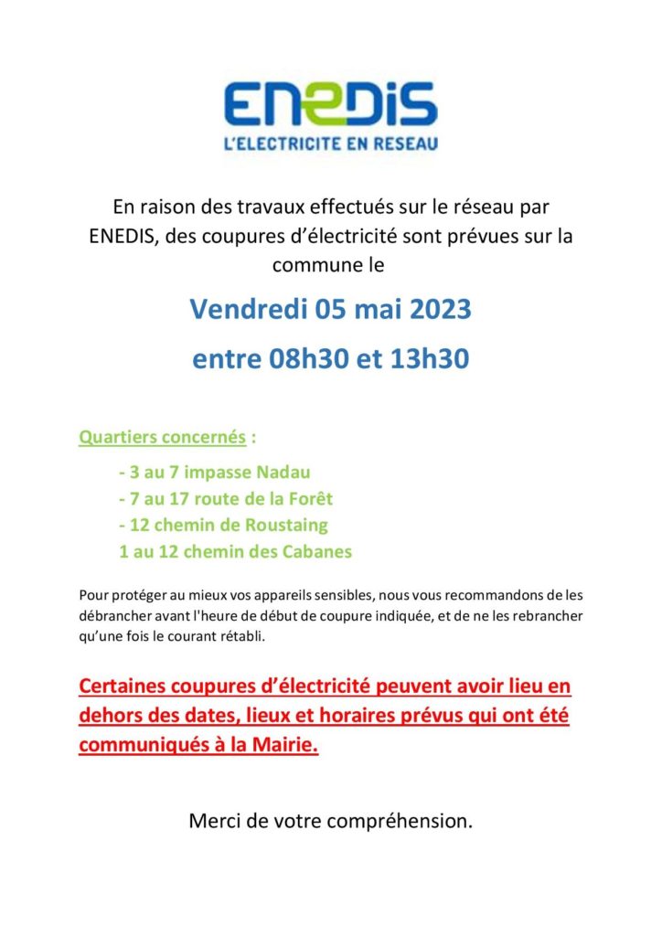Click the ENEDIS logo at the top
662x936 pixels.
pyautogui.click(x=330, y=103)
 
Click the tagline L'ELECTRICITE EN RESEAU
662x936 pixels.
pyautogui.click(x=330, y=144)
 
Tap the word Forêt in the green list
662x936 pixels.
pyautogui.click(x=309, y=499)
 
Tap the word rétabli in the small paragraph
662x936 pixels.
pyautogui.click(x=241, y=636)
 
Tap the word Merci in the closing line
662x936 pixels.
pyautogui.click(x=213, y=821)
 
